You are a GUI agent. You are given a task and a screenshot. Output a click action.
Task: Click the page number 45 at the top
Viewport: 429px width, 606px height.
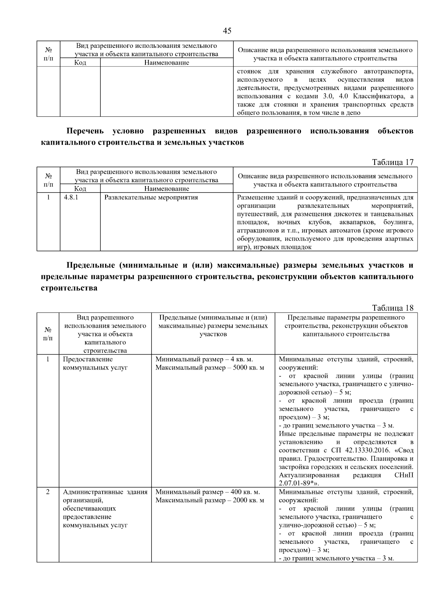(x=227, y=31)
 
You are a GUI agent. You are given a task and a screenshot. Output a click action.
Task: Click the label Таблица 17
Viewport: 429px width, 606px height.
(x=393, y=162)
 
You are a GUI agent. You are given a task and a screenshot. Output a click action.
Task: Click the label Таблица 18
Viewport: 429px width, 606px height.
(x=393, y=308)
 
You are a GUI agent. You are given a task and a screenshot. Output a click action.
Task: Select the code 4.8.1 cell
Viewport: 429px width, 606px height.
(x=71, y=197)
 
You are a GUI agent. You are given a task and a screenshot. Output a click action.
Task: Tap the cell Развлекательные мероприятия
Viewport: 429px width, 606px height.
(x=151, y=197)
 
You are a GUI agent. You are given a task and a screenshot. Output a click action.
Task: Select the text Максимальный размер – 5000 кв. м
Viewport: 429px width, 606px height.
(x=210, y=367)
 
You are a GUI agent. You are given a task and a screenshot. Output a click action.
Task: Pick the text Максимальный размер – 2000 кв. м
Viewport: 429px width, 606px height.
(x=210, y=500)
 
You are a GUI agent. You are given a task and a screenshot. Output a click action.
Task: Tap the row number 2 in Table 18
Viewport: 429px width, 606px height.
(x=48, y=492)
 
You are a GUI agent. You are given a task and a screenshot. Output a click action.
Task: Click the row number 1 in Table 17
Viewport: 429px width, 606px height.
(x=48, y=197)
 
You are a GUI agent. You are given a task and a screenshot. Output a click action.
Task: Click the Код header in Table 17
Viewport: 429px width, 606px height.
(x=80, y=189)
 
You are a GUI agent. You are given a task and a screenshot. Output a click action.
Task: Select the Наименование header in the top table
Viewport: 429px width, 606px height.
(x=167, y=63)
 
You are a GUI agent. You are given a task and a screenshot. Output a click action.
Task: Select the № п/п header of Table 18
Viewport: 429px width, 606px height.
(x=48, y=334)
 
